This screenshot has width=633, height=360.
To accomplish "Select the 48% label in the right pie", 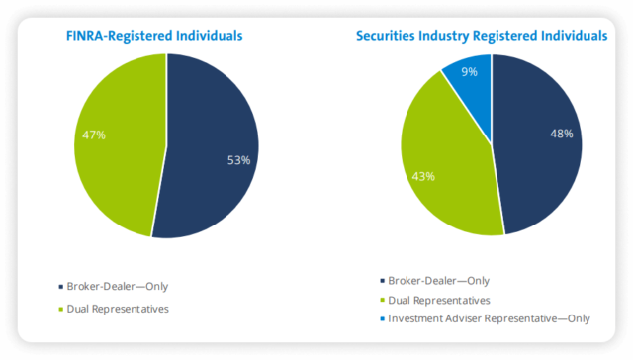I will (x=560, y=134).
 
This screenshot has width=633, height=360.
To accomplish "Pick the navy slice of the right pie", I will (x=539, y=168).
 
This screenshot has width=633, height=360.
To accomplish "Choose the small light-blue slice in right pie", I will (x=471, y=79).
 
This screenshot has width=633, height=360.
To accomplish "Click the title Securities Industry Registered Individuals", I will (x=482, y=36).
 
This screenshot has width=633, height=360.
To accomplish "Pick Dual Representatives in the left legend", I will (x=117, y=309).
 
